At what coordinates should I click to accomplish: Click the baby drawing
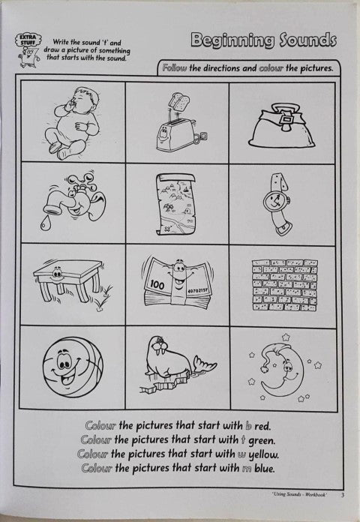coord(72,122)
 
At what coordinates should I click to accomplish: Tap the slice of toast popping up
coord(178,100)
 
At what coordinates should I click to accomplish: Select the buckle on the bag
coord(285,122)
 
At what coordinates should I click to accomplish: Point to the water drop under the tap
coord(45,225)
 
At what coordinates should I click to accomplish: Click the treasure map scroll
coord(176,204)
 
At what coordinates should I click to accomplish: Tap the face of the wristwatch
coord(274,200)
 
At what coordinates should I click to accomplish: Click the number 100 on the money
coord(157,285)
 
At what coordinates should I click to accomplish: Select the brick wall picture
coord(285,285)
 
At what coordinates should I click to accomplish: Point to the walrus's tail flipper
coord(205,364)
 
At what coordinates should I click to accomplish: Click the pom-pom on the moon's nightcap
coord(265,367)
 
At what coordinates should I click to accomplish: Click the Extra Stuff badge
coord(28,40)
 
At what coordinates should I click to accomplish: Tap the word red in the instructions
coord(262,426)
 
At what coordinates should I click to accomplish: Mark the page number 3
coord(343,495)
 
